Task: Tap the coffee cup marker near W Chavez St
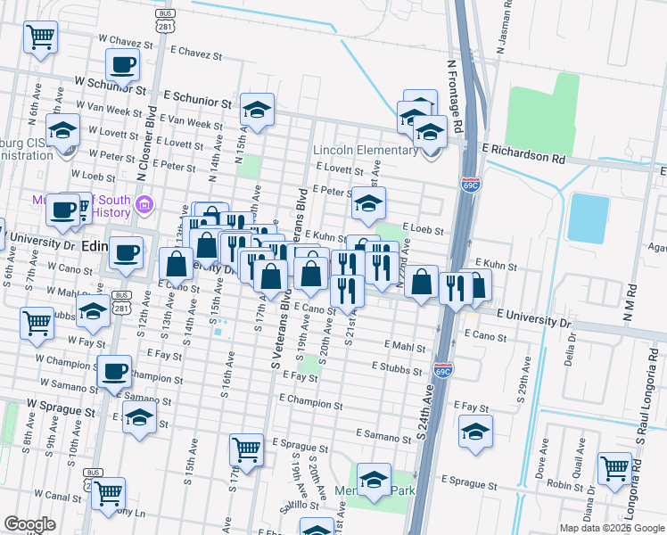click(122, 64)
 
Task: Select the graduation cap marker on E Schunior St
click(257, 110)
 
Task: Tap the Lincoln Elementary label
click(366, 150)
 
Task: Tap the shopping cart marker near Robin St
click(614, 468)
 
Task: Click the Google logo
click(29, 524)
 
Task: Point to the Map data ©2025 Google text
click(611, 528)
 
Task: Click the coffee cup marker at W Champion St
click(111, 371)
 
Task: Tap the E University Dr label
click(531, 317)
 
